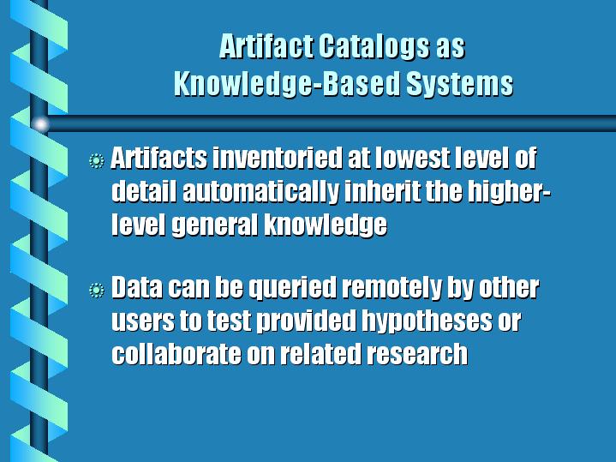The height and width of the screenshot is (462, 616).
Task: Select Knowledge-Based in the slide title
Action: click(287, 84)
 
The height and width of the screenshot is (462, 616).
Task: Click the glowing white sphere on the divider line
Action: click(40, 124)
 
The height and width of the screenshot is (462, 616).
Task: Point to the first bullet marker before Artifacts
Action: click(97, 161)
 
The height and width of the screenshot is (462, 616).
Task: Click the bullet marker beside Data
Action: click(97, 291)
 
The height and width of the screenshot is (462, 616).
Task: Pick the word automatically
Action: click(260, 192)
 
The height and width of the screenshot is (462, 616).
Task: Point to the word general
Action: click(215, 225)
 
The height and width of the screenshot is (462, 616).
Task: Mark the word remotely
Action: click(392, 288)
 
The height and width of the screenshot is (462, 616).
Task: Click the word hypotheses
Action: click(427, 321)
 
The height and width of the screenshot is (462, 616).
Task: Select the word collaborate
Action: click(176, 353)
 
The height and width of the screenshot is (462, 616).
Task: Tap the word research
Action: click(417, 353)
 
